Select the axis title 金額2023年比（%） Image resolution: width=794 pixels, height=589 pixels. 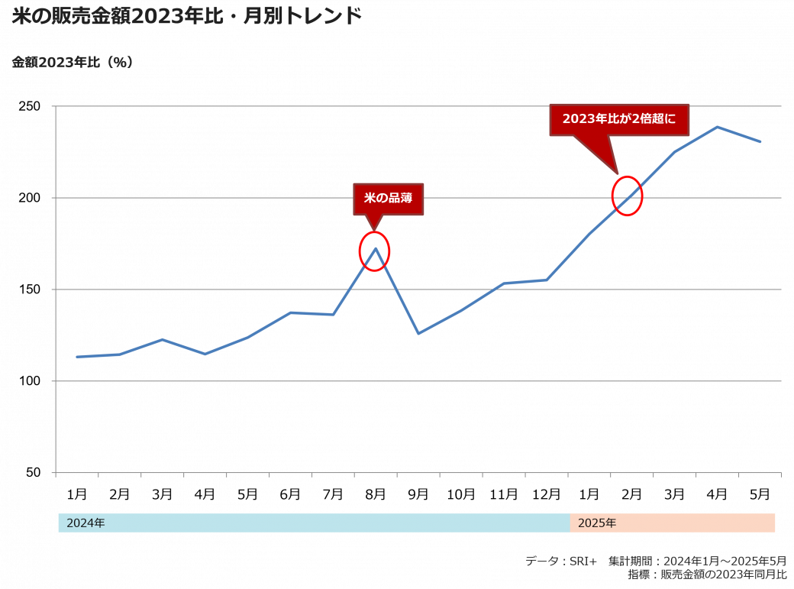73,63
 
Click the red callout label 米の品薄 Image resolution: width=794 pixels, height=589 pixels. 388,198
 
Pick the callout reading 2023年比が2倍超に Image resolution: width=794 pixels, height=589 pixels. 619,119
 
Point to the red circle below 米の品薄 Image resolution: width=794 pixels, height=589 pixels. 374,251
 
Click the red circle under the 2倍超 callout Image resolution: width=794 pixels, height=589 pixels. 628,196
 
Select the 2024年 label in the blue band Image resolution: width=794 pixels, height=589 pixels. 86,523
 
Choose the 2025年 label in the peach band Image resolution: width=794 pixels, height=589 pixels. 597,523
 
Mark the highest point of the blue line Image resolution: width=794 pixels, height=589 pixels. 717,127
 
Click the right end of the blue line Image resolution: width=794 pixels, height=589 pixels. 760,141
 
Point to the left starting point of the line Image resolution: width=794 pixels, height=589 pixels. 77,357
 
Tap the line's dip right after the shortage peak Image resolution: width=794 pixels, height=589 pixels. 418,333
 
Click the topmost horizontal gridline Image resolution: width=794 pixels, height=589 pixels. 418,106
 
